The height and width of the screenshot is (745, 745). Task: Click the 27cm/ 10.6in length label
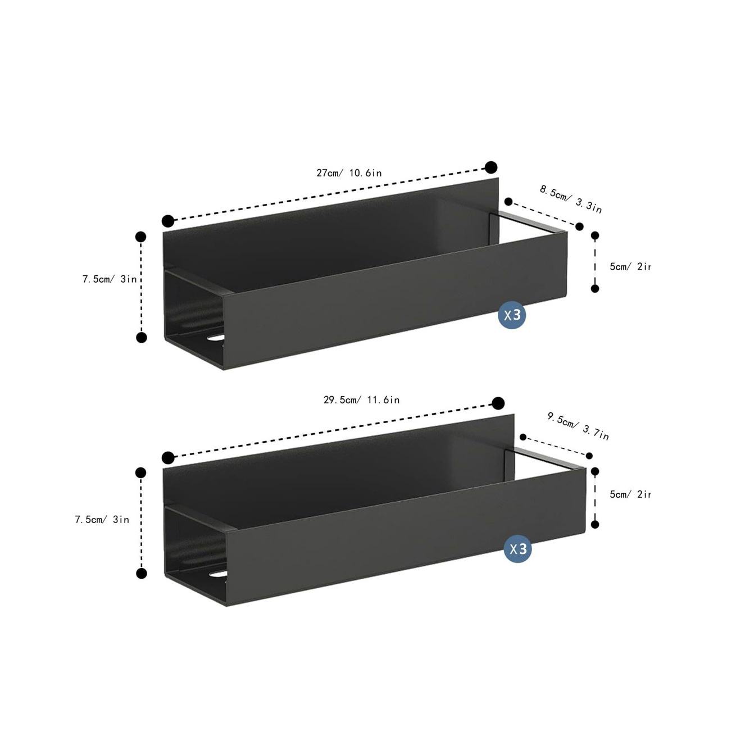[349, 172]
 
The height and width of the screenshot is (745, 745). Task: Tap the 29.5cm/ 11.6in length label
[361, 400]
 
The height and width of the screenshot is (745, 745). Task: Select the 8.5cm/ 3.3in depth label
[570, 199]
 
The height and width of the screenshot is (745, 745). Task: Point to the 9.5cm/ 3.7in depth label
[578, 426]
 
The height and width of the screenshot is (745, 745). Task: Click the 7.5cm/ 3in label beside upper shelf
[110, 279]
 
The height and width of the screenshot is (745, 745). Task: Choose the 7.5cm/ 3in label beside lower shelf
[102, 520]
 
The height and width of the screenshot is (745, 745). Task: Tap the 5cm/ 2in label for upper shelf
[629, 266]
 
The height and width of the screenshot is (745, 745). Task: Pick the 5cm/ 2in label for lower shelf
[629, 494]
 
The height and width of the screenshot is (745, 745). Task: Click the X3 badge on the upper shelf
[512, 315]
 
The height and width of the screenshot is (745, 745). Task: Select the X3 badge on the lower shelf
[517, 549]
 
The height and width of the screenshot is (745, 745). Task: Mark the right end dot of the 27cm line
[491, 167]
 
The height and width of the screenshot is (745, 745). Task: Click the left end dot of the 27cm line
[167, 220]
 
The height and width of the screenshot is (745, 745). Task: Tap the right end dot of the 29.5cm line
[498, 403]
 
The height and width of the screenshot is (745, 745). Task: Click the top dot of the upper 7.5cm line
[141, 237]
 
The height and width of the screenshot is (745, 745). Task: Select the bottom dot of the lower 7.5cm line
[142, 574]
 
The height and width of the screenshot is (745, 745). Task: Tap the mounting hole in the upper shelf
[215, 339]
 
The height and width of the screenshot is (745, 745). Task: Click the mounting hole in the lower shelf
[216, 575]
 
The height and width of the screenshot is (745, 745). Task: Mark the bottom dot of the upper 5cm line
[595, 288]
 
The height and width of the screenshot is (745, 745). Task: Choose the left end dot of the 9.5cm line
[523, 437]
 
